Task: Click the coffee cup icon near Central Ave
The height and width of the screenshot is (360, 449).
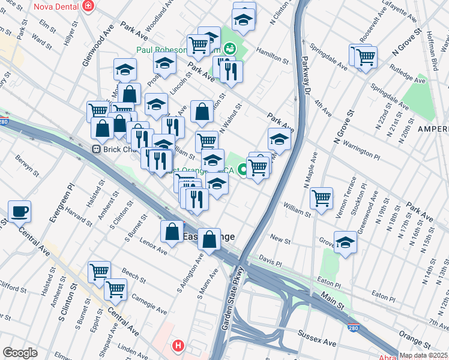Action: pos(19,211)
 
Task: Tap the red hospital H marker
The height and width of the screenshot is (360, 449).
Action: pos(178,346)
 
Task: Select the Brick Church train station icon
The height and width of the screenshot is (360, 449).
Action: pos(95,149)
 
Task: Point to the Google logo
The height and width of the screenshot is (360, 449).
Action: pos(20,352)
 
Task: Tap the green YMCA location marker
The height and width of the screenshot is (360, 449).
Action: pos(243,170)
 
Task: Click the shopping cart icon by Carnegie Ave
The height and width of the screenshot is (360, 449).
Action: pos(115,289)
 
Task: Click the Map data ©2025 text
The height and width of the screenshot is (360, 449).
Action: pos(423,355)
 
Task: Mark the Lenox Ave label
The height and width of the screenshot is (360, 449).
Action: pos(154,248)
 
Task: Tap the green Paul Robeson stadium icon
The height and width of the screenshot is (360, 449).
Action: pos(229,48)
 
